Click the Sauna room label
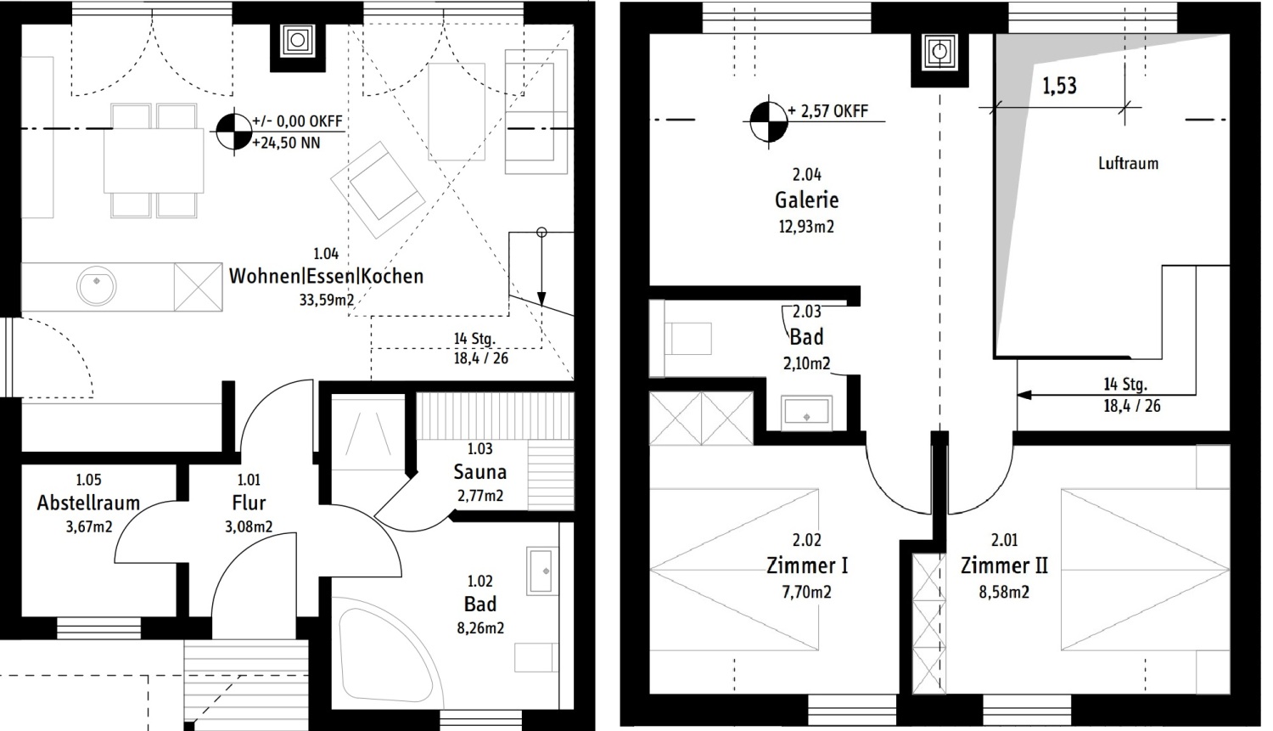tap(479, 472)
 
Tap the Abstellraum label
tap(88, 503)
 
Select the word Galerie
tap(806, 200)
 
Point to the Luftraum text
tap(1128, 164)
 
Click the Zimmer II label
tap(1004, 565)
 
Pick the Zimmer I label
tap(807, 565)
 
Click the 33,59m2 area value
tap(327, 300)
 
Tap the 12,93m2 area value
tap(806, 227)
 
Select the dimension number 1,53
tap(1059, 86)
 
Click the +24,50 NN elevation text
tap(286, 143)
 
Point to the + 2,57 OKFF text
tap(828, 111)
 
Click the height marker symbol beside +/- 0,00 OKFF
tap(233, 132)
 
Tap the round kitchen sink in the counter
tap(97, 286)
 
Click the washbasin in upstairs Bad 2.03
tap(806, 413)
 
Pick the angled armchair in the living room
tap(378, 190)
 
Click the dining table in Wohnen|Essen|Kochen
tap(154, 160)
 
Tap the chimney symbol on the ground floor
tap(297, 41)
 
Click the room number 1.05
tap(88, 481)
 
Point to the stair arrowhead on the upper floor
tap(1023, 395)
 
